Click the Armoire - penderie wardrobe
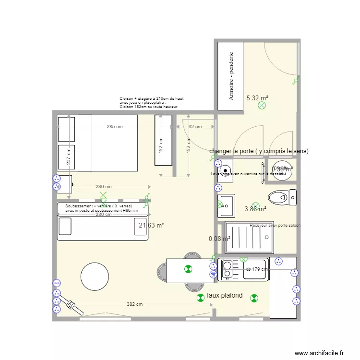point(231,76)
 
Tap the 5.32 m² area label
point(257,98)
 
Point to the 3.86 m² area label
point(255,209)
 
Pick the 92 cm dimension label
point(194,127)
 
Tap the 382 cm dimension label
point(134,304)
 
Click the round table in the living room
point(95,276)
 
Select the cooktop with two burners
point(226,270)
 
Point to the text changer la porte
point(259,151)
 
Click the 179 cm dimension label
point(259,270)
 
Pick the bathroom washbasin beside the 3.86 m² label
point(226,205)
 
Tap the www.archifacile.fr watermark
point(319,353)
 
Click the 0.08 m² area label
point(219,238)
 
